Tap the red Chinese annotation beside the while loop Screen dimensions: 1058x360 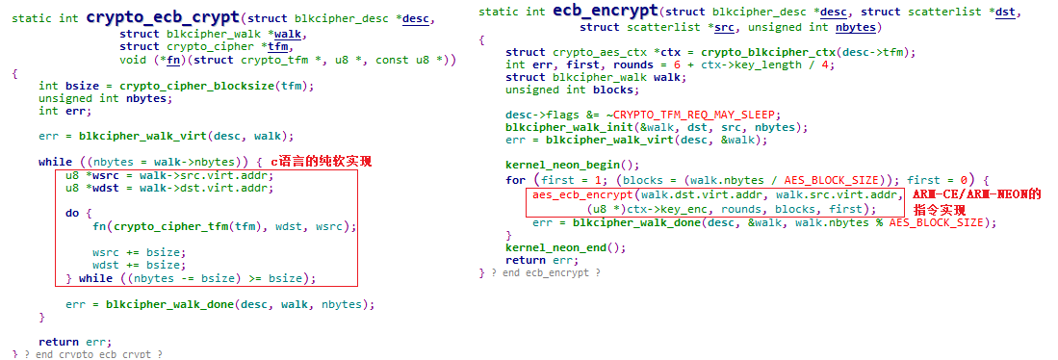coord(320,161)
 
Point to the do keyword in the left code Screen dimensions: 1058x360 coord(72,213)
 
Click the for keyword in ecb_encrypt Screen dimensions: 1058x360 coord(515,180)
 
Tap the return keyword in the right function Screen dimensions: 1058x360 coord(524,260)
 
